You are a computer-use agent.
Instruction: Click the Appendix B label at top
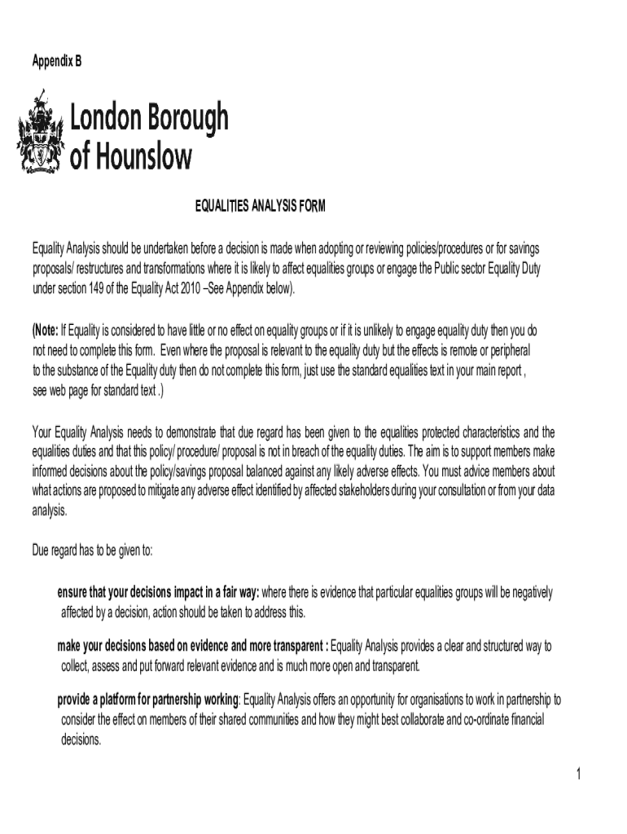(56, 61)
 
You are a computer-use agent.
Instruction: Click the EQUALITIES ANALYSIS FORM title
(260, 207)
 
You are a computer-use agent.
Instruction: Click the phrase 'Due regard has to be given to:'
(92, 551)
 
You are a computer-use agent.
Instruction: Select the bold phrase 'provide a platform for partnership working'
(148, 700)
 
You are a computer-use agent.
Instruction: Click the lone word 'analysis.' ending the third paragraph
(50, 511)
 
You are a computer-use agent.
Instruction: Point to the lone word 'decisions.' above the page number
(81, 740)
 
